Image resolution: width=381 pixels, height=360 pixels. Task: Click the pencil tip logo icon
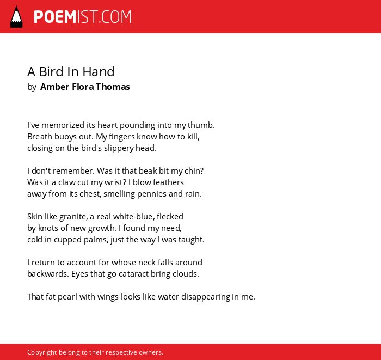(x=16, y=17)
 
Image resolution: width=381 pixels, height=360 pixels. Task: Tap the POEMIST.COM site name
(x=83, y=17)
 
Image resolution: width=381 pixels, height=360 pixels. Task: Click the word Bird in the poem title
(x=51, y=72)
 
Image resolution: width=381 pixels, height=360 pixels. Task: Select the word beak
(x=145, y=171)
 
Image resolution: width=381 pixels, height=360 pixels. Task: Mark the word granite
(x=73, y=217)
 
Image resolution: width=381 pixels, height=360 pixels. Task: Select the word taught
(x=192, y=240)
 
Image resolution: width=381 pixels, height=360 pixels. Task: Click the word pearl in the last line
(x=65, y=297)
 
